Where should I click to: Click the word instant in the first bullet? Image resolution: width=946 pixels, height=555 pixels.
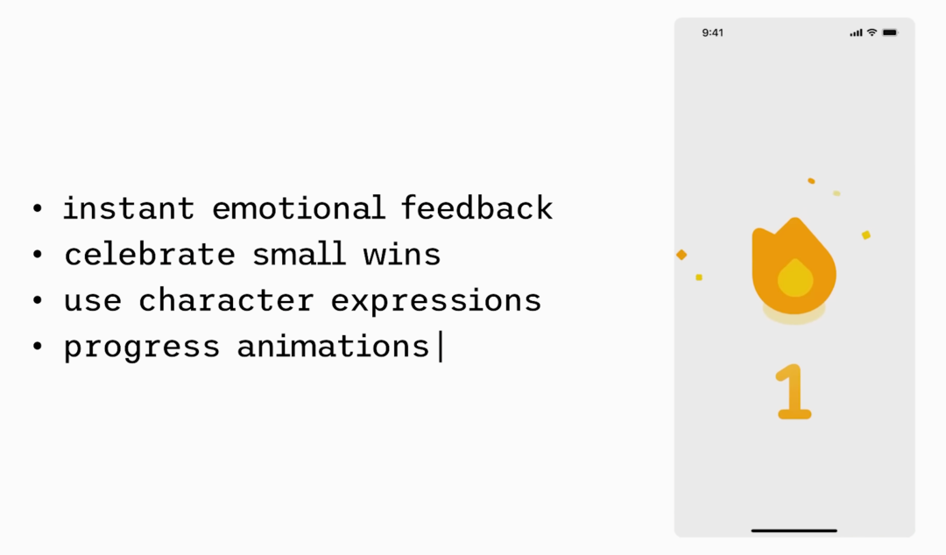click(129, 208)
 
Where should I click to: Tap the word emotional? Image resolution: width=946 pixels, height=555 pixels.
click(299, 208)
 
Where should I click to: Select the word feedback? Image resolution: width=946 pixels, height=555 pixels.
click(477, 207)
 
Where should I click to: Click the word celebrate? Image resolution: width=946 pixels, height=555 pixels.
click(150, 254)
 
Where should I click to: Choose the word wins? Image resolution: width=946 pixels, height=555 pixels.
click(402, 254)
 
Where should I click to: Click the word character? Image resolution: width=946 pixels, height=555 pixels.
click(226, 299)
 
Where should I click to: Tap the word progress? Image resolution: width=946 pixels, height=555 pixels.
click(142, 348)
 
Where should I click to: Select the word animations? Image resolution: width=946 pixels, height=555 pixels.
click(333, 347)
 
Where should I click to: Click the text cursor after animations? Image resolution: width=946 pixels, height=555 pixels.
click(441, 347)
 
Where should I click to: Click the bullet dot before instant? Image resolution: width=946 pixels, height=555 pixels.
click(38, 208)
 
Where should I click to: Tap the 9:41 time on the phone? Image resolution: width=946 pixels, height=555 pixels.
click(712, 32)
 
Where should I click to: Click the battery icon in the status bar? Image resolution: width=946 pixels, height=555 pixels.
click(891, 32)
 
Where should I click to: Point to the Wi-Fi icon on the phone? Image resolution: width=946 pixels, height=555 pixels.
click(872, 32)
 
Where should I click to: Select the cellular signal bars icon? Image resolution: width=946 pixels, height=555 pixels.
click(856, 33)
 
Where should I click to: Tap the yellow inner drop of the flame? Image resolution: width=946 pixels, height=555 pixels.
click(795, 278)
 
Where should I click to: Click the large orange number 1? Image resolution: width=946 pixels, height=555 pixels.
click(794, 391)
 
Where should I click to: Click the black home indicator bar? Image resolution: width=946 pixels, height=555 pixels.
click(794, 530)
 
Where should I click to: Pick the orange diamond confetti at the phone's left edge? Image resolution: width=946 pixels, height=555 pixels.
click(681, 255)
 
